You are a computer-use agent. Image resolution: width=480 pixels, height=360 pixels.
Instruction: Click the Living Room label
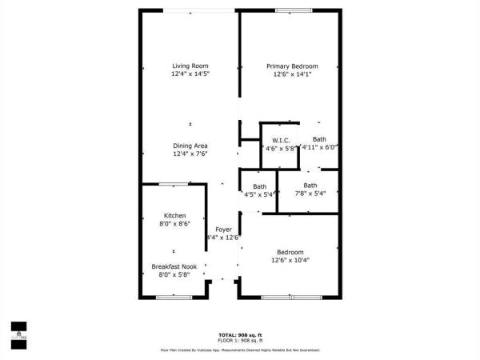[x=190, y=66]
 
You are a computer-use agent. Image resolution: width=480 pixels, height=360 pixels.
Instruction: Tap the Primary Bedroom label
[x=292, y=66]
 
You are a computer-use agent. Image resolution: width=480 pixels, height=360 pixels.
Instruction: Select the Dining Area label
[x=190, y=146]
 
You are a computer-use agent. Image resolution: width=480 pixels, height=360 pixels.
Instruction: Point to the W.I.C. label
[x=280, y=139]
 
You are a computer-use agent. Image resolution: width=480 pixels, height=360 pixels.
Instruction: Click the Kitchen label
[x=175, y=216]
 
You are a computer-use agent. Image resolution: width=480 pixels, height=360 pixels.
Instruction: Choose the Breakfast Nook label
[x=174, y=266]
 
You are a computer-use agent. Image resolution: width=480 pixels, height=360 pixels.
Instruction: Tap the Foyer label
[x=223, y=230]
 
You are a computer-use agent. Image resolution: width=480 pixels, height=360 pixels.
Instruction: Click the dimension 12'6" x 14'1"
[x=292, y=74]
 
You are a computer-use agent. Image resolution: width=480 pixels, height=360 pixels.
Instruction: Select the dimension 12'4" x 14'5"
[x=190, y=74]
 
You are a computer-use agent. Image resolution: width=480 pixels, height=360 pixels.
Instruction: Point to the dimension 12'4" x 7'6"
[x=190, y=154]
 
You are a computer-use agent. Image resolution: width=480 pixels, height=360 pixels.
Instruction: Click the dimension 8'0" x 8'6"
[x=175, y=225]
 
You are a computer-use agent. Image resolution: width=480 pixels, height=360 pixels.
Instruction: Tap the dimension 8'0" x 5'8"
[x=174, y=275]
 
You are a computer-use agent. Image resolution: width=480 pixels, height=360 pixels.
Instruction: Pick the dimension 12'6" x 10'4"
[x=290, y=260]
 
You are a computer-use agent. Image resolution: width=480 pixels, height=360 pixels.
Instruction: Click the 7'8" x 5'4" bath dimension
[x=310, y=194]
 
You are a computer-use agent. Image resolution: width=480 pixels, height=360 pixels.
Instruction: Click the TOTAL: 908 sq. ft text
[x=240, y=334]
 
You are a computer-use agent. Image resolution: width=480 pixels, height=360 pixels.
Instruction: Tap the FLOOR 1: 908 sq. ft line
[x=240, y=342]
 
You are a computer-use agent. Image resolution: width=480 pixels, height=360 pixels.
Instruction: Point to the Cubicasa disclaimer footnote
[x=240, y=350]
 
